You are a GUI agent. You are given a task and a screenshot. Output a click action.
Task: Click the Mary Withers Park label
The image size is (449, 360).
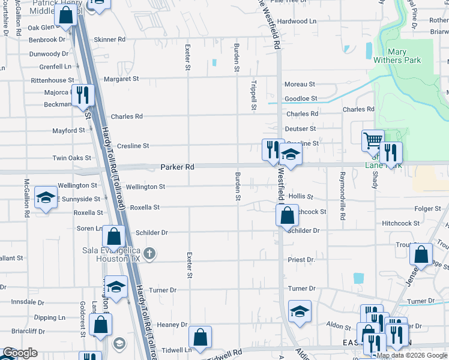click(397, 56)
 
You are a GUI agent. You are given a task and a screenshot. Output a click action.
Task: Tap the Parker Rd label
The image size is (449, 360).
click(177, 167)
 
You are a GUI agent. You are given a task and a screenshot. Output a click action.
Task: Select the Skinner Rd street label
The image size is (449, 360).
click(109, 40)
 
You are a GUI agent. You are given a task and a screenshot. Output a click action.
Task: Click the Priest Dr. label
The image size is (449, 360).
click(301, 260)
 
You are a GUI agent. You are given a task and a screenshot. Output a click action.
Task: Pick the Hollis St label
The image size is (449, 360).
click(301, 196)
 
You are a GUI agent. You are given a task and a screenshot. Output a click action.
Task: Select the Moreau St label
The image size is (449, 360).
click(300, 85)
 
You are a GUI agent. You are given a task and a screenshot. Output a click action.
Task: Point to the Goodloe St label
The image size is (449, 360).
click(300, 98)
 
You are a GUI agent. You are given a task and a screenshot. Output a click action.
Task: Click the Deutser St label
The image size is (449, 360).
click(300, 129)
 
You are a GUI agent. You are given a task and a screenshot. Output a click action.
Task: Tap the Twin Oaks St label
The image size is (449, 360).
click(71, 158)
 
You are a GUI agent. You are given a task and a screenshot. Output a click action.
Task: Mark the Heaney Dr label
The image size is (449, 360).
click(172, 325)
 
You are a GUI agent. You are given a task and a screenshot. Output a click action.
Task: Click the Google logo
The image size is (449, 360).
click(20, 353)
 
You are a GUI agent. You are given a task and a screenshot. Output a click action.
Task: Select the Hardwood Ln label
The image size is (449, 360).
click(296, 21)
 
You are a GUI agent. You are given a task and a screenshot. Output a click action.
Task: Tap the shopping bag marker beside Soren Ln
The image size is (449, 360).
click(113, 236)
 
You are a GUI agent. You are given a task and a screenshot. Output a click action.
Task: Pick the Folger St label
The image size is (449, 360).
click(427, 209)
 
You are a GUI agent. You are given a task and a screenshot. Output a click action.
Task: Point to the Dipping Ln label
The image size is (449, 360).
click(49, 317)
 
